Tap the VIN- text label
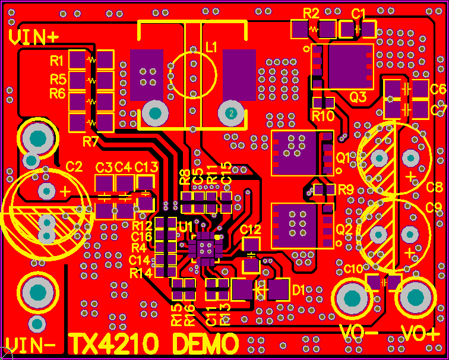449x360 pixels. click(31, 344)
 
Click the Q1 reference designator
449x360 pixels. click(344, 157)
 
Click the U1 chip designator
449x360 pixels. click(186, 227)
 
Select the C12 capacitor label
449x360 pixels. click(251, 229)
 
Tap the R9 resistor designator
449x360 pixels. click(346, 190)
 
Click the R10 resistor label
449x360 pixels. click(324, 116)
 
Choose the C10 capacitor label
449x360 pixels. click(353, 269)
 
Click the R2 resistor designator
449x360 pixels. click(311, 13)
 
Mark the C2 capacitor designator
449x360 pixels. click(74, 166)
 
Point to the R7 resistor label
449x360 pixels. click(91, 141)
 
